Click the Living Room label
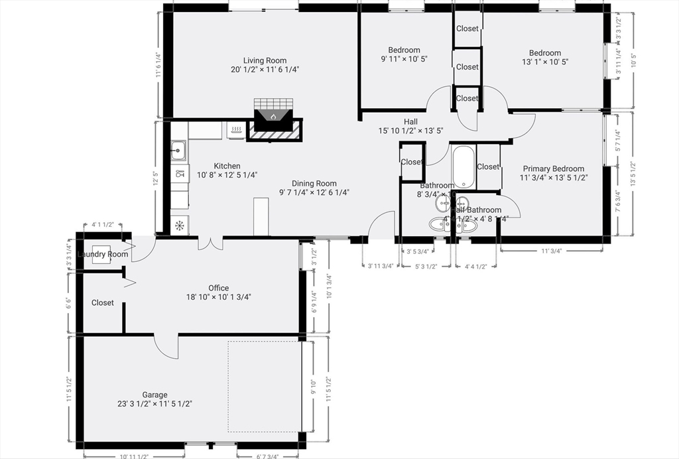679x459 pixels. click(265, 60)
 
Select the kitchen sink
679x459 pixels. click(178, 151)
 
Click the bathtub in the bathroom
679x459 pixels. click(463, 166)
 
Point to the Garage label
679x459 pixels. click(154, 395)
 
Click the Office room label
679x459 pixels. click(218, 288)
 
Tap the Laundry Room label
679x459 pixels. click(102, 255)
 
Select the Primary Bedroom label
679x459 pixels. click(553, 168)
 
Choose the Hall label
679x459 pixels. click(410, 121)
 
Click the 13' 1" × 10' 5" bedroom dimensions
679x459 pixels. click(544, 62)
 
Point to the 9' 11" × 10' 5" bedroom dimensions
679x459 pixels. click(404, 58)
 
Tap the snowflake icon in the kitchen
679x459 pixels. click(178, 226)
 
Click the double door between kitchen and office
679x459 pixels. click(210, 243)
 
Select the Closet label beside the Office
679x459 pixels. click(102, 302)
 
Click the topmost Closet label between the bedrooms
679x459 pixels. click(467, 29)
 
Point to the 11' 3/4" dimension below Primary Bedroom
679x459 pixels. click(551, 251)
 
